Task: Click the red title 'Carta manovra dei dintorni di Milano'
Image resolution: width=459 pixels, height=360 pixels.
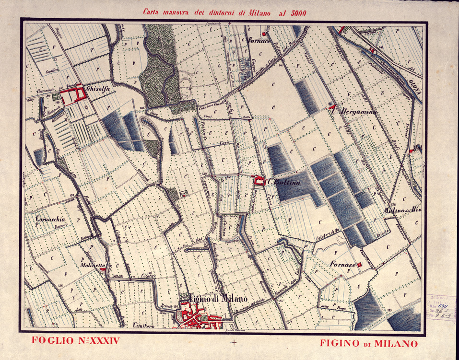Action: (x=224, y=12)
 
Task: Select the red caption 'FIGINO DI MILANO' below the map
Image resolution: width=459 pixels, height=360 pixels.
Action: (x=368, y=343)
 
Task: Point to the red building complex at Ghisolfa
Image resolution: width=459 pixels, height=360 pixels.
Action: (x=72, y=95)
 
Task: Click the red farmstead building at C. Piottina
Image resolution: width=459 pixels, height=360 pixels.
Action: (x=259, y=181)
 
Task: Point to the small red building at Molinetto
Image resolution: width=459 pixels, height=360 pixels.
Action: (x=103, y=270)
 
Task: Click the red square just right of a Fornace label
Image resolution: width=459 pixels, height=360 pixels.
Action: (x=360, y=264)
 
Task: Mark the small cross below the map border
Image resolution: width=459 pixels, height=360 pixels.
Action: (x=235, y=342)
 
